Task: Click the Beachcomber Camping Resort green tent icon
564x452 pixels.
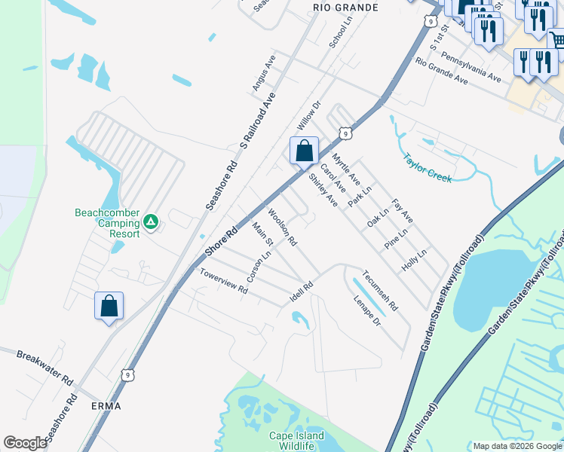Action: pos(151,221)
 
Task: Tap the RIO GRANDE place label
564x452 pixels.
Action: pos(344,7)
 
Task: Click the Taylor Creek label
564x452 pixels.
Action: pos(427,168)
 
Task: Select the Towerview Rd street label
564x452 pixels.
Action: pos(223,278)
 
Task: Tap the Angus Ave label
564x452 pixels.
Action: pos(264,73)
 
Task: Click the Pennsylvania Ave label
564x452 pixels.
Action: pos(471,67)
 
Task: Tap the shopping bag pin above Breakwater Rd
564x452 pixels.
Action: pos(109,306)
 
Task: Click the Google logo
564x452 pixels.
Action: pos(25,443)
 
